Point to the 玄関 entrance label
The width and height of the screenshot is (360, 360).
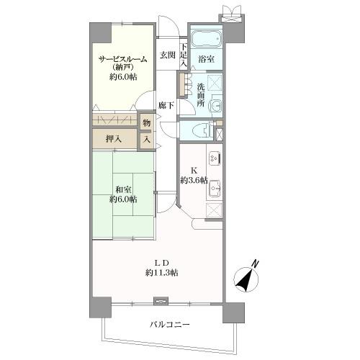point(167,55)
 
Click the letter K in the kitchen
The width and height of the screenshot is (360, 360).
point(194,171)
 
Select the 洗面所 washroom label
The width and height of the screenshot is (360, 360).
point(202,94)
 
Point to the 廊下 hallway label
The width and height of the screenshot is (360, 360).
point(166,105)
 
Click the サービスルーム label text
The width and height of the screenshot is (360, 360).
point(123,60)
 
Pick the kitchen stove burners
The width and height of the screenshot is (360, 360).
point(214,156)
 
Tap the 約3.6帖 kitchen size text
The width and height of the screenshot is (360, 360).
point(194,181)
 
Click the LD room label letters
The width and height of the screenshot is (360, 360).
point(161,261)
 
